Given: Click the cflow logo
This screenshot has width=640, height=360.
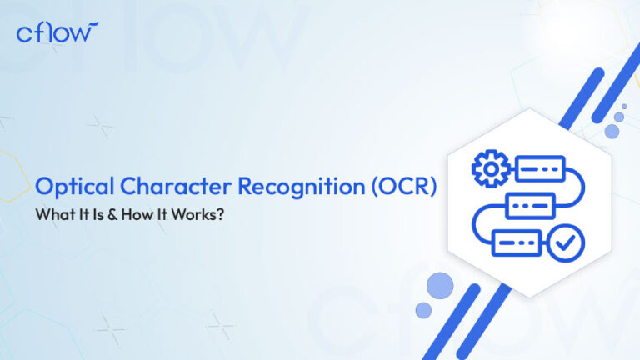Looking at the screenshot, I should pyautogui.click(x=57, y=32).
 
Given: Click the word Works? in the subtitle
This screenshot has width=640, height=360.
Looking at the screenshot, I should pyautogui.click(x=187, y=214).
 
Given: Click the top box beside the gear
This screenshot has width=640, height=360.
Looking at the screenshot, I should pyautogui.click(x=539, y=170).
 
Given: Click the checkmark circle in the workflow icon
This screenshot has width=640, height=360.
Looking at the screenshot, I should pyautogui.click(x=570, y=242).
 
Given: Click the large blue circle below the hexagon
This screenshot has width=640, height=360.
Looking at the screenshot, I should pyautogui.click(x=439, y=286).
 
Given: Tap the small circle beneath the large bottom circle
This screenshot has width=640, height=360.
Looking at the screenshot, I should pyautogui.click(x=423, y=310).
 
